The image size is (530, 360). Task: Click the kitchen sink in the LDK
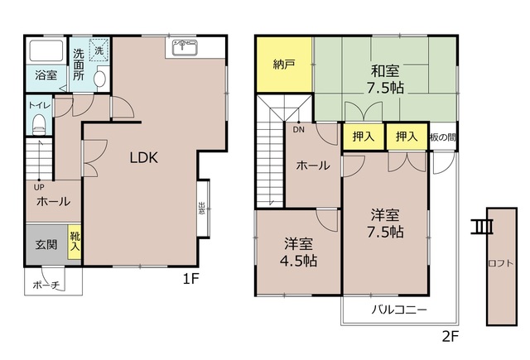point(184,47)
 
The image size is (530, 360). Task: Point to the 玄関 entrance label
point(46,244)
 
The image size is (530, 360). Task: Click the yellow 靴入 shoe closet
point(75,242)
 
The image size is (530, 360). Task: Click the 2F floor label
point(449,337)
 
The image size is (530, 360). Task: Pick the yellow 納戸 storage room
point(284,65)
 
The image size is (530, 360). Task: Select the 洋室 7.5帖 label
point(386,223)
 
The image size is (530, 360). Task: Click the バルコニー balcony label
point(398,310)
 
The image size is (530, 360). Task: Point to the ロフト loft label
point(499,264)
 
